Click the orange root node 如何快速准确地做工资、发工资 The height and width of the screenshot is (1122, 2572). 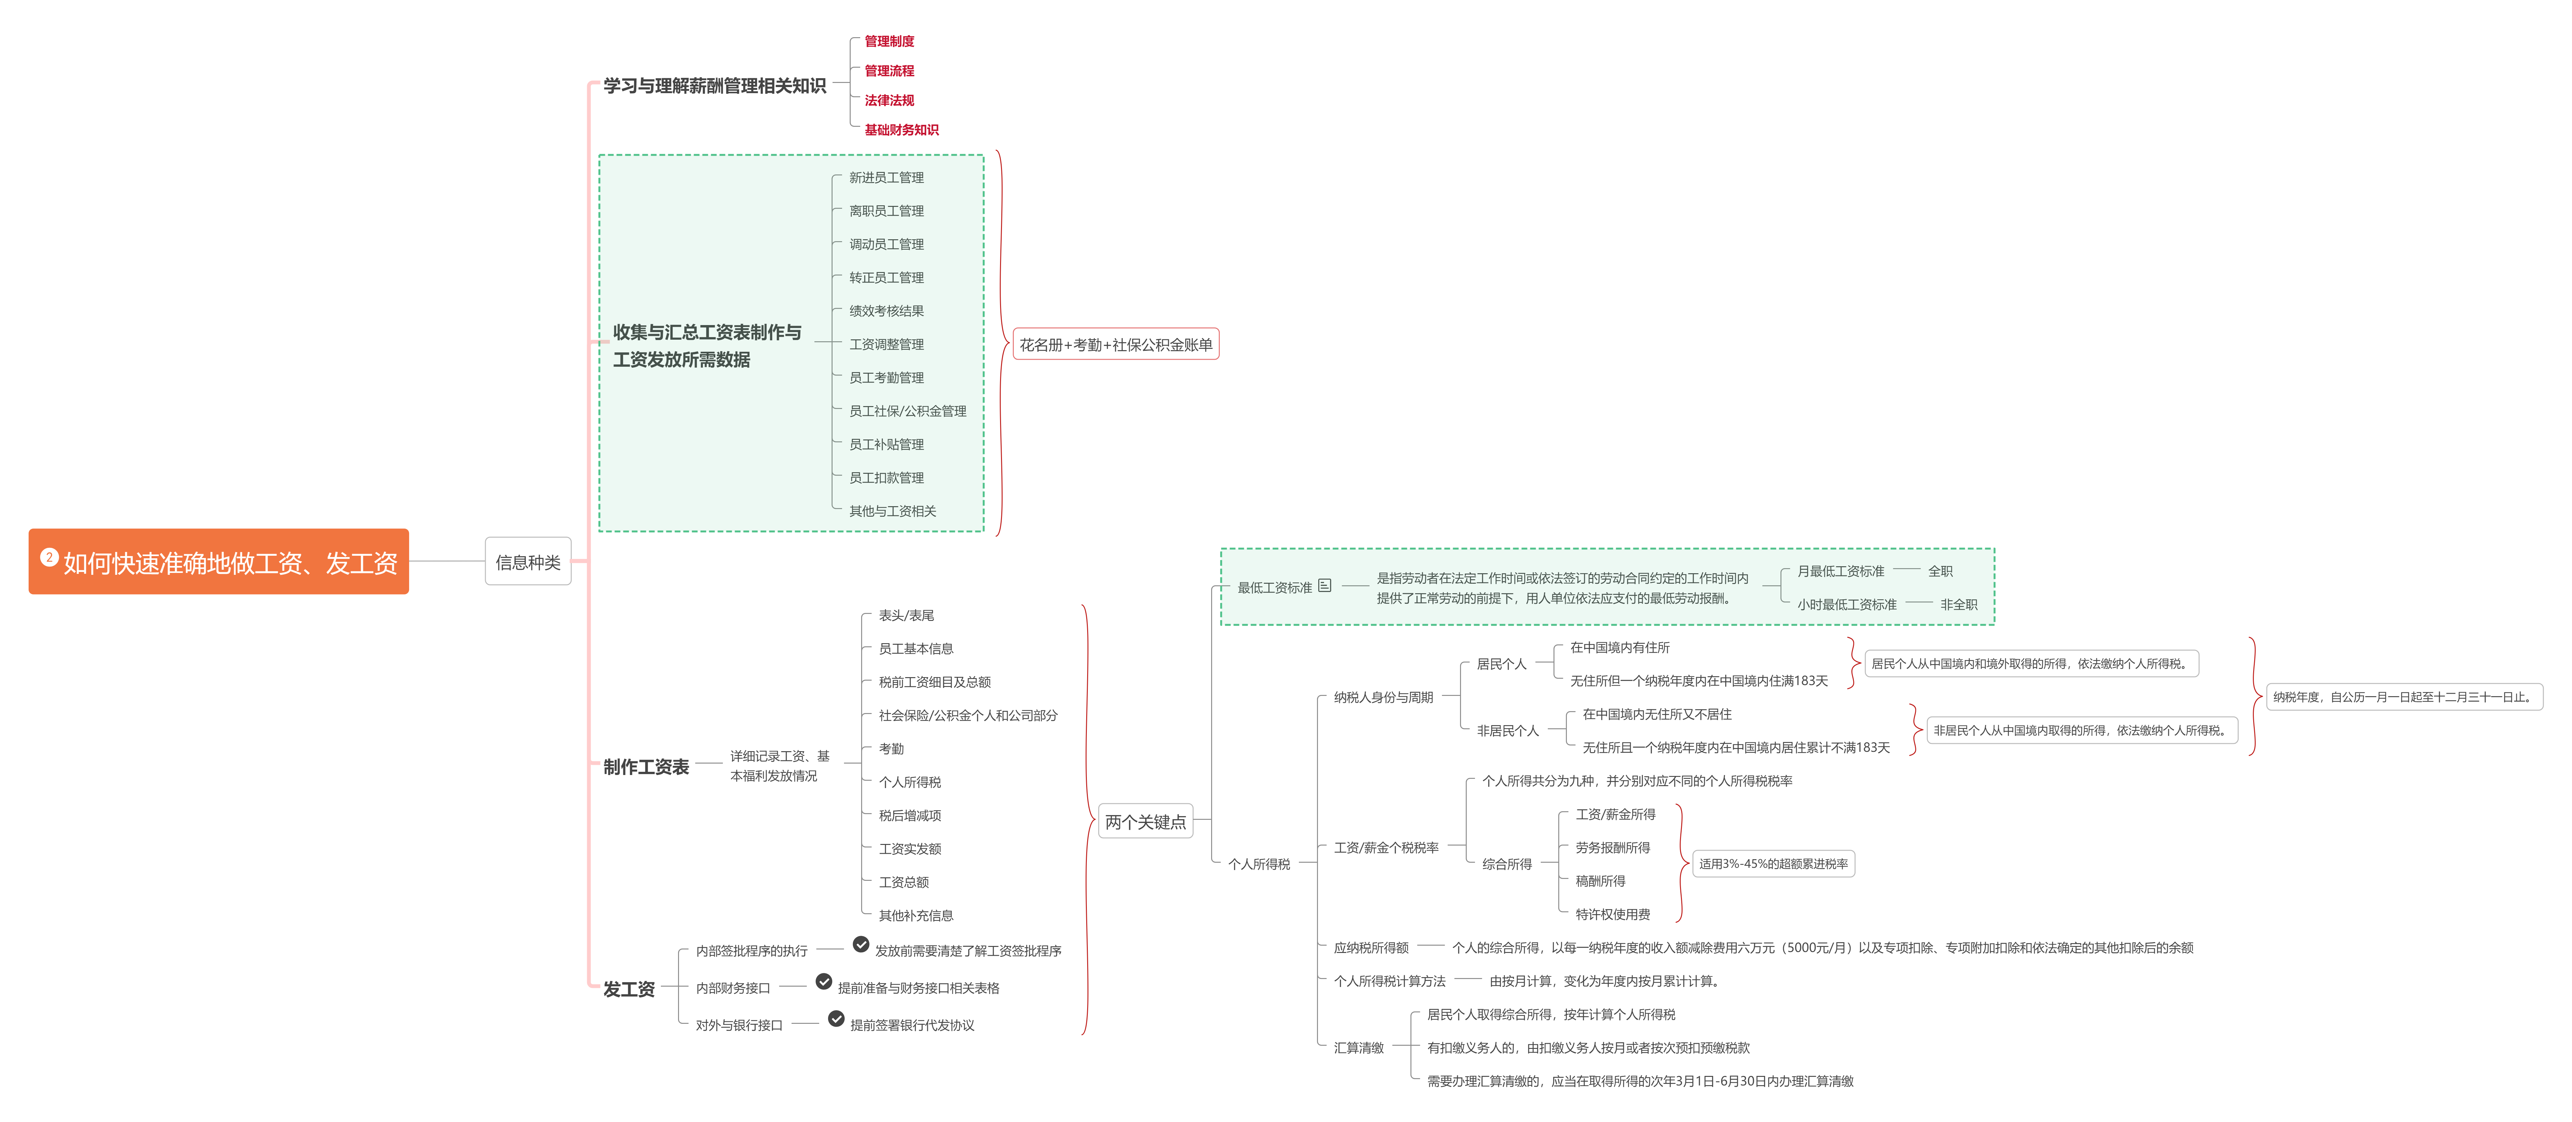tap(219, 562)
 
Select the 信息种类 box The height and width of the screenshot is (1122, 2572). tap(528, 562)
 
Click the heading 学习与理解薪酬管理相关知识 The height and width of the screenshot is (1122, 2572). tap(715, 86)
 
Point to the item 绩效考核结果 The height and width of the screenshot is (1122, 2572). tap(887, 310)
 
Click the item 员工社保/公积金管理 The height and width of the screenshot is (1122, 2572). tap(908, 410)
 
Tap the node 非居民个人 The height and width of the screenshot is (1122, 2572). tap(1508, 731)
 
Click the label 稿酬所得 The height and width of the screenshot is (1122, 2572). tap(1601, 881)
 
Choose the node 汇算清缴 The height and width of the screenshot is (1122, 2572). tap(1359, 1047)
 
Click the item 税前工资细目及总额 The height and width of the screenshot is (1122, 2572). tap(935, 682)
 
